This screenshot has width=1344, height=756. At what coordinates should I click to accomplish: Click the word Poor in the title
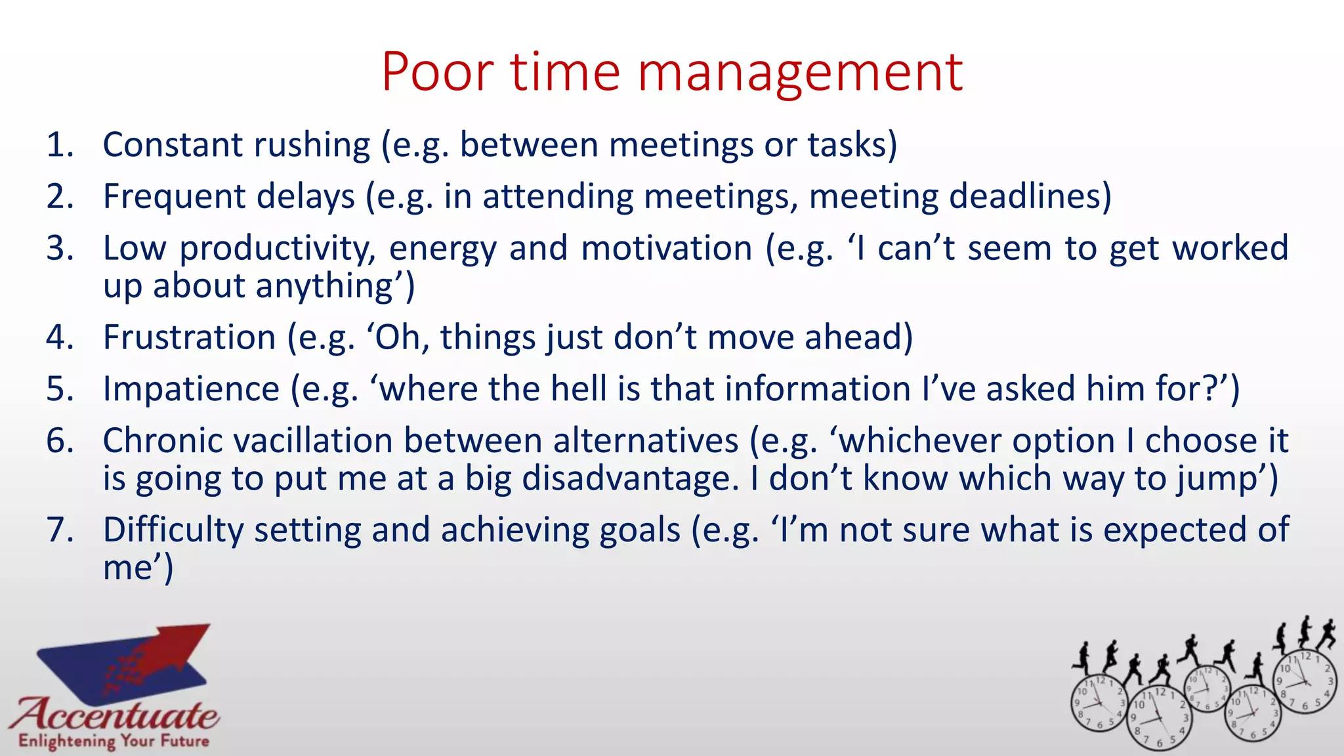[437, 72]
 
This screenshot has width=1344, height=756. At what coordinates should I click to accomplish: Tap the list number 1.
[60, 144]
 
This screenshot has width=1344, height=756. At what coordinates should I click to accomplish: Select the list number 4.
[60, 337]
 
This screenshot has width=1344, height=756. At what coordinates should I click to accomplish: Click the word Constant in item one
[171, 144]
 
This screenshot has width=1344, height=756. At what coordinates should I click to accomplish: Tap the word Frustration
[189, 337]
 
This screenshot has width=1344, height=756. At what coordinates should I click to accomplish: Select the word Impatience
[191, 388]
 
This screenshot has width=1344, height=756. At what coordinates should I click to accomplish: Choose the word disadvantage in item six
[629, 478]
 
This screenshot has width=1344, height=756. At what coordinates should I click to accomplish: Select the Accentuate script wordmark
[115, 714]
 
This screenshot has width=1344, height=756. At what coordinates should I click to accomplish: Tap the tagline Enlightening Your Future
[114, 742]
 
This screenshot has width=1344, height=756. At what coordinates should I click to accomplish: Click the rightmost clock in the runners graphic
[1305, 682]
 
